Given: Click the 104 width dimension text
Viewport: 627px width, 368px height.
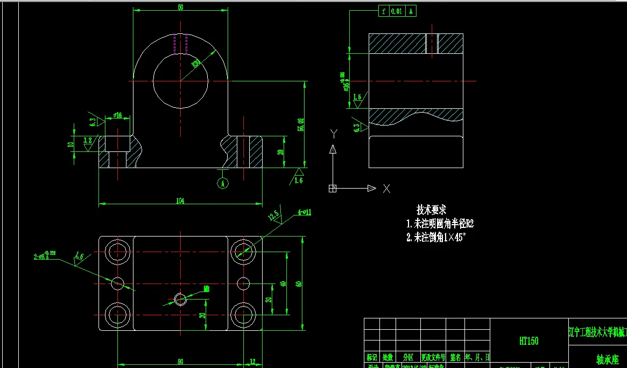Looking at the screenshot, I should click(180, 200).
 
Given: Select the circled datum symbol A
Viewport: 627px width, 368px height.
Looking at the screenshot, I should click(222, 183).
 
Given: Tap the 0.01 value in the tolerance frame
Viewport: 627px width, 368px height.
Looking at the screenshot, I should click(396, 11).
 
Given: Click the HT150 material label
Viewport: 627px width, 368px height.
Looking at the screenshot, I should click(529, 341).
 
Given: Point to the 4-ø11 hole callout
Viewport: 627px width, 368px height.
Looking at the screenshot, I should click(305, 212).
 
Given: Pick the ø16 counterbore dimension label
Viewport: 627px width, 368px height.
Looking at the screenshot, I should click(118, 115).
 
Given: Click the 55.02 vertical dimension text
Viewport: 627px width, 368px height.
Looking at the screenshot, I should click(300, 124).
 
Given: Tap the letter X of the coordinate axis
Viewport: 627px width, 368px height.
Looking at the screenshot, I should click(386, 188).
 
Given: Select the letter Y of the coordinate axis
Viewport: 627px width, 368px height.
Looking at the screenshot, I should click(334, 133).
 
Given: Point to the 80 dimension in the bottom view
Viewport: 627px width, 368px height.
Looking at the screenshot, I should click(180, 362).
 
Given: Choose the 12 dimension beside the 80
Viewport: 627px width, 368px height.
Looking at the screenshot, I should click(252, 362).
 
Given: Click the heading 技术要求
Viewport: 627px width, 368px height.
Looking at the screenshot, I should click(431, 210).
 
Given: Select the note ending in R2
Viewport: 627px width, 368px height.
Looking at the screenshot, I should click(440, 224).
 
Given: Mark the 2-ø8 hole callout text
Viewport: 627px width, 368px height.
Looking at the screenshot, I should click(46, 256).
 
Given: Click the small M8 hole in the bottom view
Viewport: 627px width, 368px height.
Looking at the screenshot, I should click(180, 298).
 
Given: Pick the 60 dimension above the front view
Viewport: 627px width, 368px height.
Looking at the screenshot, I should click(180, 8).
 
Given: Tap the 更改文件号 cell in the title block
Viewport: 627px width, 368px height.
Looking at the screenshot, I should click(433, 357).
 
